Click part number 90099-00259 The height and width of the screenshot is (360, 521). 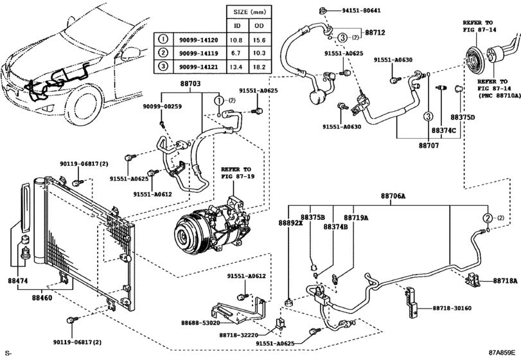(163, 106)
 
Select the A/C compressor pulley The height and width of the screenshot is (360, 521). (188, 233)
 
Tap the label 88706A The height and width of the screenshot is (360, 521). (393, 196)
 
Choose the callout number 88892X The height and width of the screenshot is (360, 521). (290, 222)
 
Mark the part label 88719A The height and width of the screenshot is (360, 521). (355, 218)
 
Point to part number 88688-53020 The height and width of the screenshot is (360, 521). (200, 322)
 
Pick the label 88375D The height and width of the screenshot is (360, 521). (462, 118)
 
